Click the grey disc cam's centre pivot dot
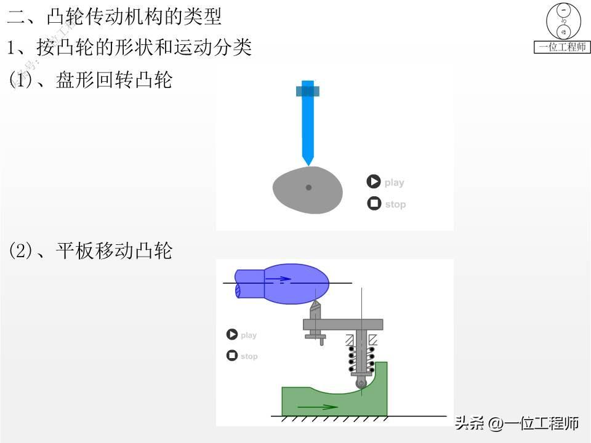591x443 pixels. coord(308,188)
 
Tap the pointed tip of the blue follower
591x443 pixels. coord(308,164)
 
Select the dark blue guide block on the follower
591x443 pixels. coord(308,91)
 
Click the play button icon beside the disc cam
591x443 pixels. coord(374,182)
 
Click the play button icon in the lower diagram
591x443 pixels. coord(232,335)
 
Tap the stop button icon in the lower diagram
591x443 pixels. coord(232,356)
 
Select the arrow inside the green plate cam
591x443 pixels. coord(317,407)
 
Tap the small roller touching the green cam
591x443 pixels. coord(361,383)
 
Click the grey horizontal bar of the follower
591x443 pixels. coord(343,324)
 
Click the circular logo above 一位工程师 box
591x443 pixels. coord(563,22)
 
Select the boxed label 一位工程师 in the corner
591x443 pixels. coord(562,47)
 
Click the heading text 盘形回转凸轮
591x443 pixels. coord(115,80)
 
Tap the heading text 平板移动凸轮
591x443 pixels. coord(115,251)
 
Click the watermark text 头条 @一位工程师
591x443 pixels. coord(517,423)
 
